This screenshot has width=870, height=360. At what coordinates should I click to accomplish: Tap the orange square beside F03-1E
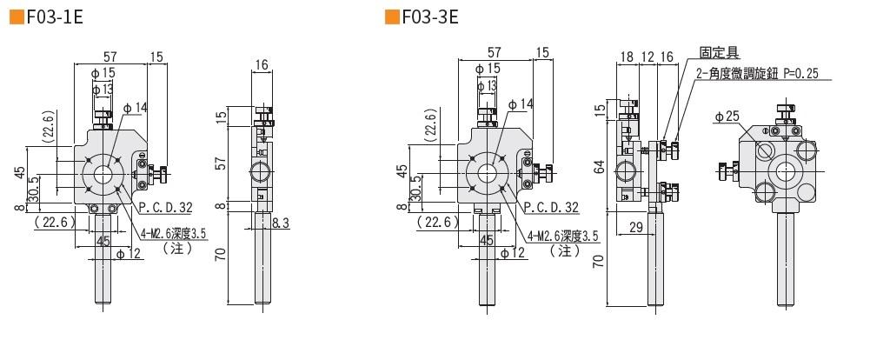(x=14, y=18)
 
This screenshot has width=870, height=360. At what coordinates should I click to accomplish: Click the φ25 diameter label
(x=726, y=116)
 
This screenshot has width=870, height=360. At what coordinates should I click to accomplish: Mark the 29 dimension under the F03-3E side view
(x=637, y=226)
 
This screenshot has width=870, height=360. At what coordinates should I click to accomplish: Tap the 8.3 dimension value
(x=281, y=223)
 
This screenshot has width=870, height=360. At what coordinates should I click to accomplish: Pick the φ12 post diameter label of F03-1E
(x=129, y=253)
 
